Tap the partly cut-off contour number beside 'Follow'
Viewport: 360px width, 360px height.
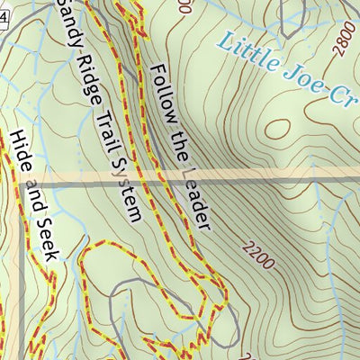[184, 7]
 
